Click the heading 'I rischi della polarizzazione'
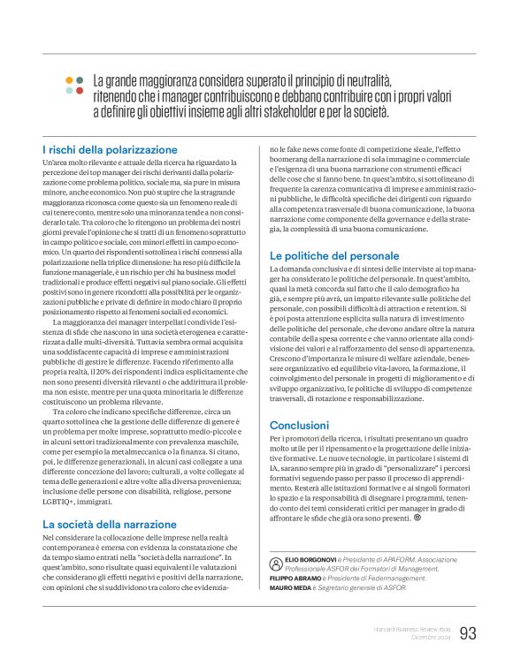coord(110,150)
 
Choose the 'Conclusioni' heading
coord(299,425)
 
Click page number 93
coord(469,632)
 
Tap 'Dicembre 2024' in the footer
coord(429,638)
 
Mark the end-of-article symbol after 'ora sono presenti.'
coord(417,518)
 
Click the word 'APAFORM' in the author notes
coord(410,561)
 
